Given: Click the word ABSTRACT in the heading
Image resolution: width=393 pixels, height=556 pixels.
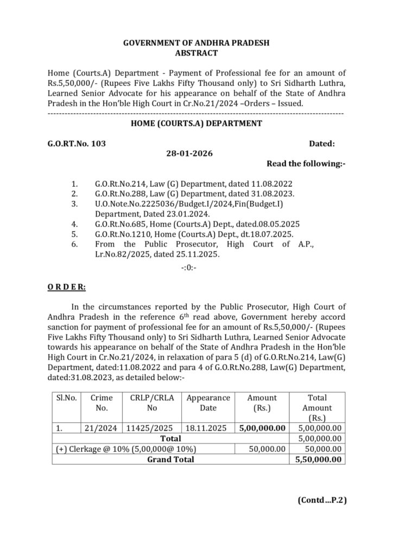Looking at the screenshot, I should coord(196,53).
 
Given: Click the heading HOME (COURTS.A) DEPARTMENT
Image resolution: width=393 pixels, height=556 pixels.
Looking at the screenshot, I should coord(196,124).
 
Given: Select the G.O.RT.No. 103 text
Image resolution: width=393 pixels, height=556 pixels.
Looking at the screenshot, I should coord(77,144).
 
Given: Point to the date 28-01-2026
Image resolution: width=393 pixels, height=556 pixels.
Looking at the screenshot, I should coord(189,154).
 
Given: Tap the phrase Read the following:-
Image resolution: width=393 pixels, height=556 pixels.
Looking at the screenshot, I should coord(306,163).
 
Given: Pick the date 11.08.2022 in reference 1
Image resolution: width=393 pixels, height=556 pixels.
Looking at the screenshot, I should coord(276,184).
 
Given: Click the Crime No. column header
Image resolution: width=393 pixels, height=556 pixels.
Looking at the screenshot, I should coord(102,403).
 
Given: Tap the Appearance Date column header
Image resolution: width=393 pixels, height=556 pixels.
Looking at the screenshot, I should coord(208,403).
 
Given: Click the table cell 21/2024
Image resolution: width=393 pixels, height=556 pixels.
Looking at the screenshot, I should coord(101,428).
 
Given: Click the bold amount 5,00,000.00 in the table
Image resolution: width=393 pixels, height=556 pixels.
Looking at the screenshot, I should coord(263,428).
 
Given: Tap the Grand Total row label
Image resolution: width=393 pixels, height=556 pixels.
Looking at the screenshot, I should coord(170,459).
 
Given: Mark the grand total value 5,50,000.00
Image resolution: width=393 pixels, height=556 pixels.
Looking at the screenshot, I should coord(318,459).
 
